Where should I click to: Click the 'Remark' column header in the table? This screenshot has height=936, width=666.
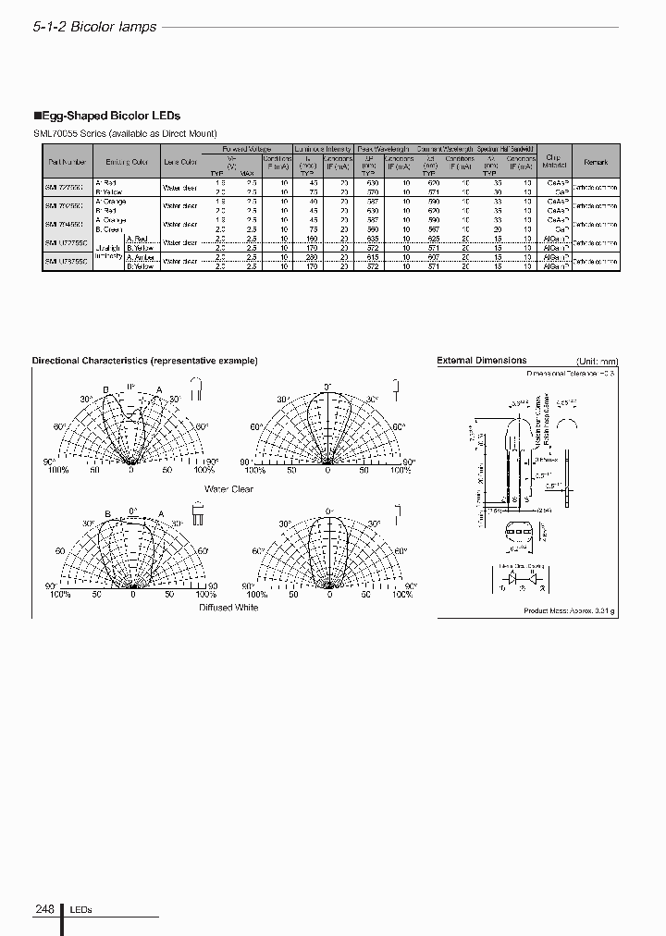595,162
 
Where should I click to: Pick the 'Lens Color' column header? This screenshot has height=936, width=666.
179,162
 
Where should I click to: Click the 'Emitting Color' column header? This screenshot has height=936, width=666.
126,162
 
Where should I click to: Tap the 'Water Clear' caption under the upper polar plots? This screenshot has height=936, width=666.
228,489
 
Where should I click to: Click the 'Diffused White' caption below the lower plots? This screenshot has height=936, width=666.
228,608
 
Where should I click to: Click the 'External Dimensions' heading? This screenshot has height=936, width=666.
481,361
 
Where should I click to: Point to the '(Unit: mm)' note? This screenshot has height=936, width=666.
596,362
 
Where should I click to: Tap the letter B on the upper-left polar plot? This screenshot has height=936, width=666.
105,388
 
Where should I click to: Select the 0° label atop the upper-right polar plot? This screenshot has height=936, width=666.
327,387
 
